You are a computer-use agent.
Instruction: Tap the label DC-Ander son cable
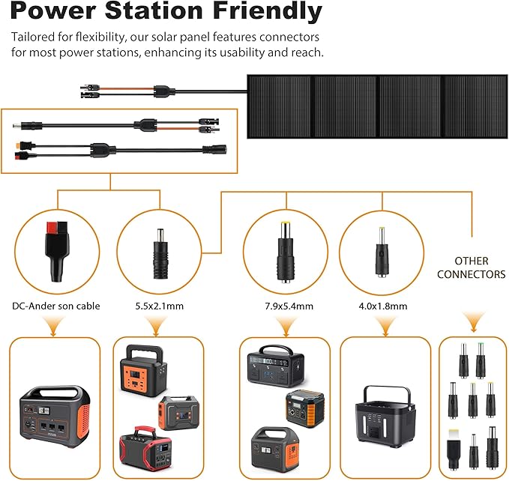coord(55,306)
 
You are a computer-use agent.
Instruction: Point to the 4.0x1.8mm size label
coord(382,306)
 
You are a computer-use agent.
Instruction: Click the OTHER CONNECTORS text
coord(472,267)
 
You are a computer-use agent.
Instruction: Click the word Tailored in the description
coord(34,37)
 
